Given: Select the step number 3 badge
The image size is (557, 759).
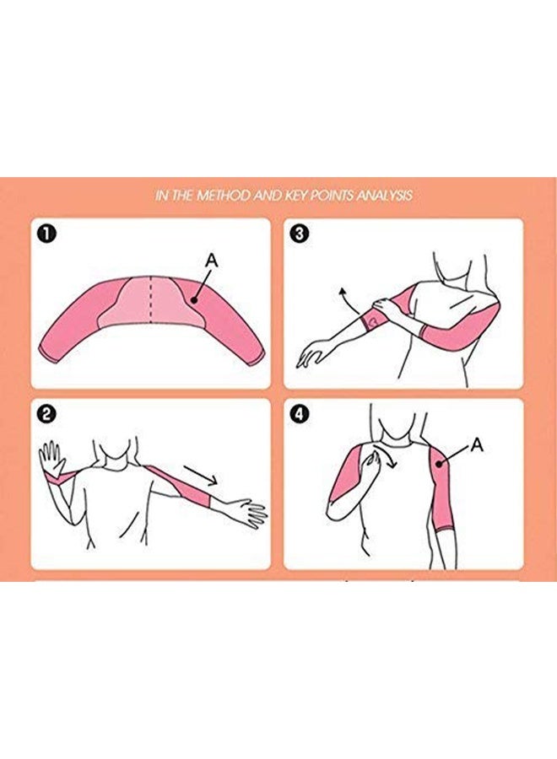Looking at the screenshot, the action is tap(299, 234).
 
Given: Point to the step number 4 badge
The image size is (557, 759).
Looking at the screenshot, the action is tap(299, 414).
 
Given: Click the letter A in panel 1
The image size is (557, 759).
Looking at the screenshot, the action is tap(212, 261).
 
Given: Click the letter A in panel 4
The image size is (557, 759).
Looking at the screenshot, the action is tap(477, 444).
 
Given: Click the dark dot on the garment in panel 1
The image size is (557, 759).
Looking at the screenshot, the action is tap(194, 300).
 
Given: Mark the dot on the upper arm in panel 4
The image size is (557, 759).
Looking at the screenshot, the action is tap(439, 464).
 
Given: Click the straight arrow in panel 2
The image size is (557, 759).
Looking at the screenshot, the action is tap(200, 476).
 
